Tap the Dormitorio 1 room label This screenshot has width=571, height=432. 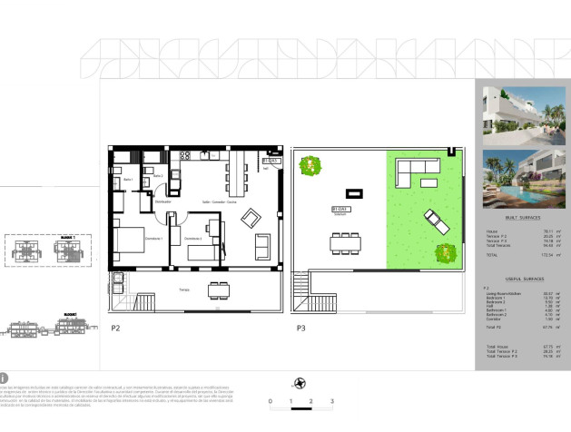(154, 238)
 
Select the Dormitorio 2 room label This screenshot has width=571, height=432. (193, 238)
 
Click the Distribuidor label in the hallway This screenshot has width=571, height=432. (163, 201)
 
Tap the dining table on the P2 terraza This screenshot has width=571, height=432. (219, 290)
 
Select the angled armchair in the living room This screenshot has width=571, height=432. (254, 218)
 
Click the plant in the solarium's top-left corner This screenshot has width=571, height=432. (313, 165)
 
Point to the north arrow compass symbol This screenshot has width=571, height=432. (300, 383)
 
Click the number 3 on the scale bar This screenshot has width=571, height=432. (310, 400)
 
